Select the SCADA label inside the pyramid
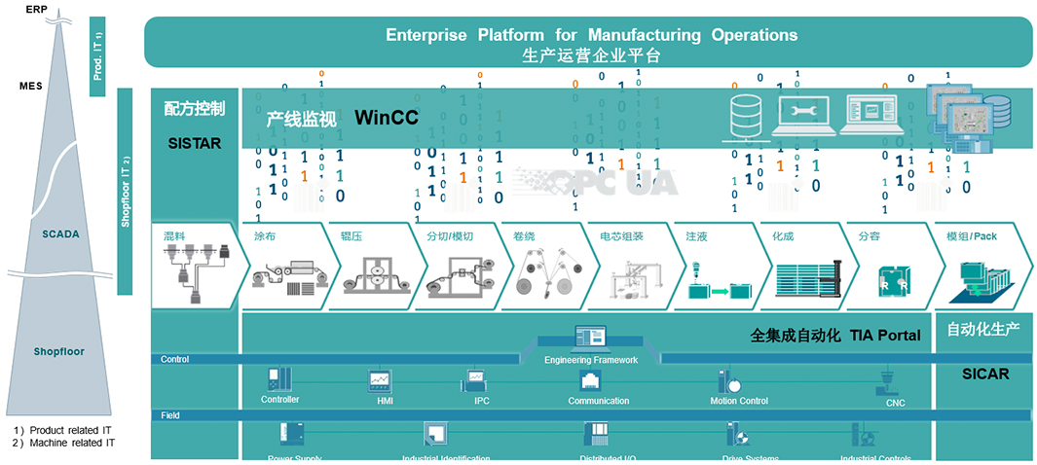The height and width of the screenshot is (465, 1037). click(x=60, y=234)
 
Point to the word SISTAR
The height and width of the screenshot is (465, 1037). click(x=194, y=143)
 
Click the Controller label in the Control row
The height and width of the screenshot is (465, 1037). click(x=279, y=400)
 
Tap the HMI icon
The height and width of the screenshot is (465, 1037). click(x=379, y=379)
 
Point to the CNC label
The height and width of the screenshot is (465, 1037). click(x=896, y=403)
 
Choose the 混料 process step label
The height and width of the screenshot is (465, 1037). click(x=174, y=236)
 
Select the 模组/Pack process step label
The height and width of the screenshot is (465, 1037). click(x=972, y=236)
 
